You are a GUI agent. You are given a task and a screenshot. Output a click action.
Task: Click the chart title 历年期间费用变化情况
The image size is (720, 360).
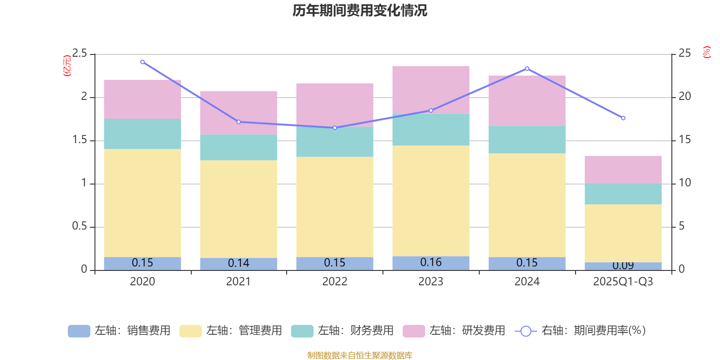click(360, 10)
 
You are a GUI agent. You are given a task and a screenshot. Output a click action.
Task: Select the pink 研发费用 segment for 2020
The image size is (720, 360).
click(142, 99)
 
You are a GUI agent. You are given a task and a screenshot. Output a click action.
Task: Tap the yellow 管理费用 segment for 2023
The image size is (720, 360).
click(431, 201)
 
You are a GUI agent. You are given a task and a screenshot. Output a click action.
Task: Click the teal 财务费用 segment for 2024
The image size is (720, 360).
click(526, 139)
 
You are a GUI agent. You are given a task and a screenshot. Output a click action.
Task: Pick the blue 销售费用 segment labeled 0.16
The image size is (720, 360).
click(431, 263)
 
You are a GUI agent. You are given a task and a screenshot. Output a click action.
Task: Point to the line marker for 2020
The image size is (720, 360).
click(143, 62)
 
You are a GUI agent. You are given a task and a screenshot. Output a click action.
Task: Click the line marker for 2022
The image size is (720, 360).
click(335, 128)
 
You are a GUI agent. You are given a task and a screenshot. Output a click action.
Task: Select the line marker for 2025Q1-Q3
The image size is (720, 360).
click(623, 118)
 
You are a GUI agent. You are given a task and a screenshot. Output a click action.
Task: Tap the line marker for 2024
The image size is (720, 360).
click(527, 69)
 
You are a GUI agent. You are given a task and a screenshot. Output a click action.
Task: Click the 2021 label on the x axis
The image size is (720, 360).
click(238, 282)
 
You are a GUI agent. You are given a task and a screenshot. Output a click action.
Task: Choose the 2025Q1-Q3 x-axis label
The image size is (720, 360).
click(623, 282)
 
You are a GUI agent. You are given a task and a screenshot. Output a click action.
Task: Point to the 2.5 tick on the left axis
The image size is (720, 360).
click(80, 54)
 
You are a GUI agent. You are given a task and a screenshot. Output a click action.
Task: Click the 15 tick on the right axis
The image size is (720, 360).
click(684, 140)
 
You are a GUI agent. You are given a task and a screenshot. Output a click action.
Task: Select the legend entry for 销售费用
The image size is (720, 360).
click(119, 331)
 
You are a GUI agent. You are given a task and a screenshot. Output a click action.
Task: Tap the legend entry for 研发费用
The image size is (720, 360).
click(454, 331)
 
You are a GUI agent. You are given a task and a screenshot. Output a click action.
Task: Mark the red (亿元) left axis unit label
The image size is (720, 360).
click(67, 66)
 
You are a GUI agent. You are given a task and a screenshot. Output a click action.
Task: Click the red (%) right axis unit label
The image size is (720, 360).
click(706, 52)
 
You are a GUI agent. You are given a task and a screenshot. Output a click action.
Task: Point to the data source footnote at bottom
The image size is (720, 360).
click(360, 355)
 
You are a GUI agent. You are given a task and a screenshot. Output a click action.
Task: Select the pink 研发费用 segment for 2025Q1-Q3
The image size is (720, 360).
click(623, 170)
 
